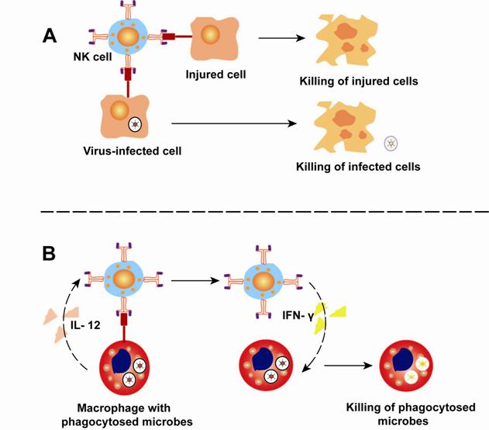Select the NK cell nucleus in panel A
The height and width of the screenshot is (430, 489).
tap(124, 36)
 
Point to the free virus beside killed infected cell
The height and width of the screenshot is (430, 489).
tap(392, 142)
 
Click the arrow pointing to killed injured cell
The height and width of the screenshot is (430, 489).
tap(283, 36)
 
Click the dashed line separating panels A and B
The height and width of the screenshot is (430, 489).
tap(244, 211)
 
